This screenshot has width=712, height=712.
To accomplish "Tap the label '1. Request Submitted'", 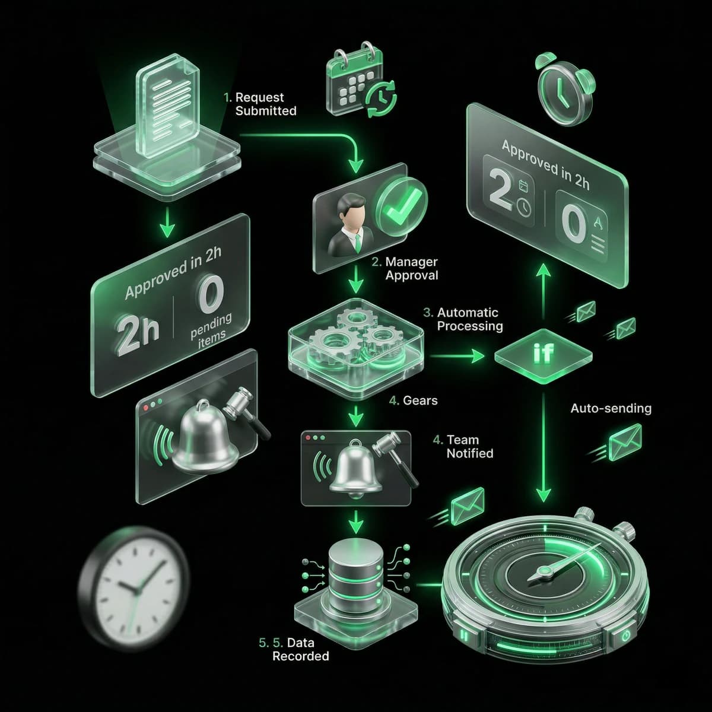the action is pos(260,104).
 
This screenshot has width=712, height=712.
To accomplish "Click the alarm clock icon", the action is pos(564,88).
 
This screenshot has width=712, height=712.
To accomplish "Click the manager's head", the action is pos(352,210).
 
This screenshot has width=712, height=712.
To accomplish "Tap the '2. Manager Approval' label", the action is pos(405,269).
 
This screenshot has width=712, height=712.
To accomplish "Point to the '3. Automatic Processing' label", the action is pos(463,320).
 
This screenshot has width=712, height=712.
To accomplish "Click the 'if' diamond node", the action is pos(543,356).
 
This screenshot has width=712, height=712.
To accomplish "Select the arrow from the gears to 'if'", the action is pos(457,356).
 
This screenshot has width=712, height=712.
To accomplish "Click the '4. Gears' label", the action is pos(414,401).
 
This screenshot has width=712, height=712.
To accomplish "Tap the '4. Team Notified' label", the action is pos(463,446).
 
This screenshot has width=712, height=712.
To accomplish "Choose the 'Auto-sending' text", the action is pos(611,408).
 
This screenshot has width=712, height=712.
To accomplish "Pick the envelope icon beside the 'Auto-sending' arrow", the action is pos(624,442).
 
